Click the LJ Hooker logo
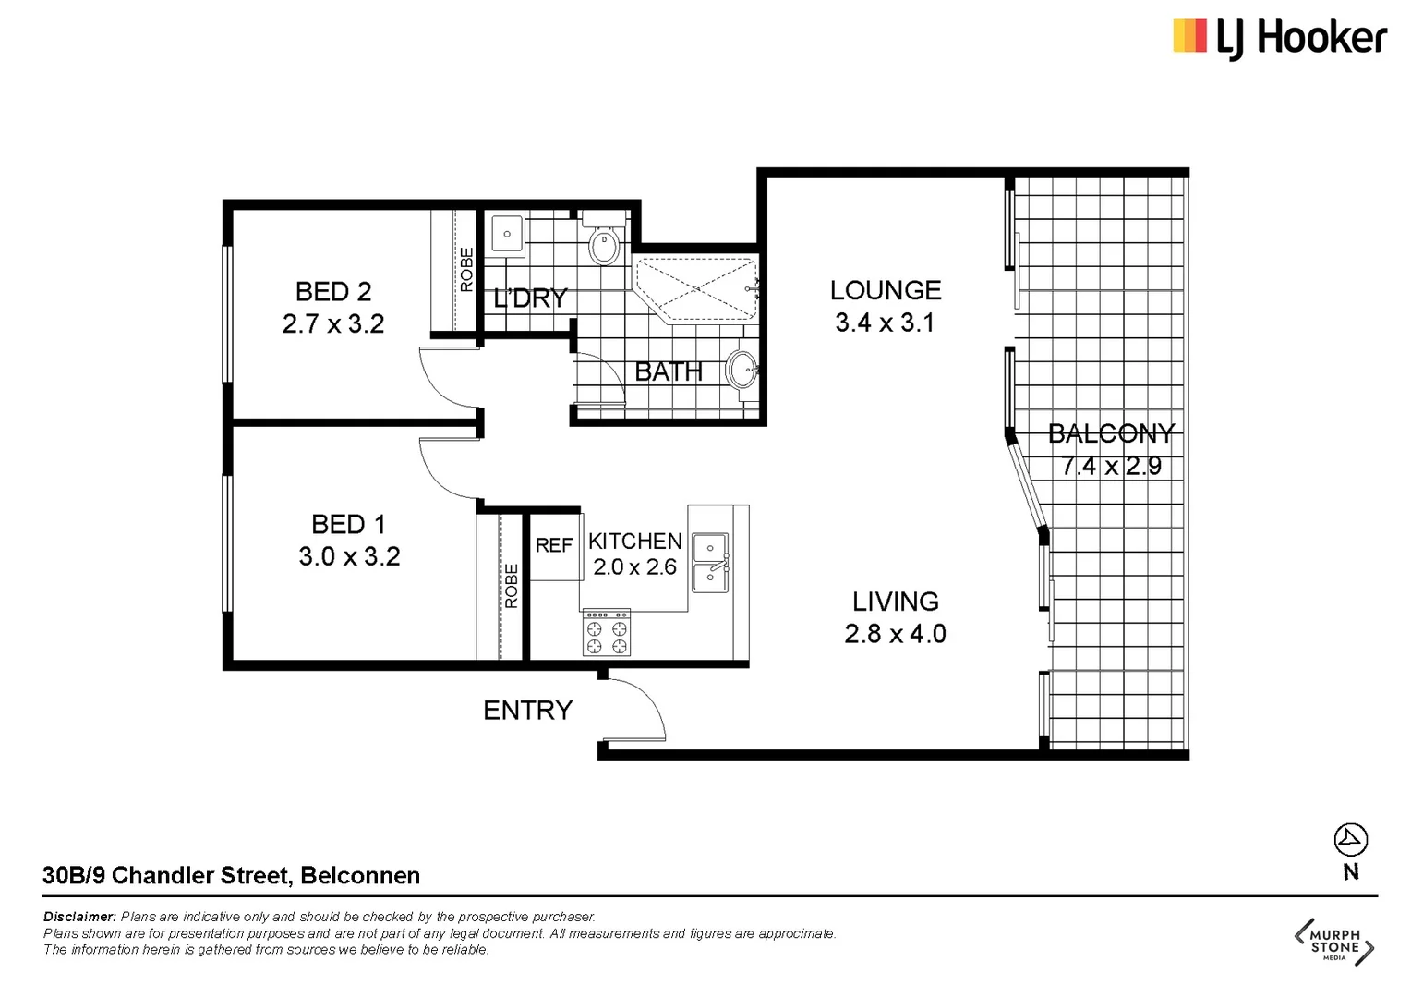1280,38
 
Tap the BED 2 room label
333,292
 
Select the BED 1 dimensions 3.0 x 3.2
349,556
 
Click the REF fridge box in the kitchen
554,546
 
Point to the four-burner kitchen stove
607,633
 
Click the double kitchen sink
710,562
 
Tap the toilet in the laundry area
604,243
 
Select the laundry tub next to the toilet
507,234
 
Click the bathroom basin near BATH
742,371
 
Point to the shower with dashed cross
696,287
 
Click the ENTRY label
528,711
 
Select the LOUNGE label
886,290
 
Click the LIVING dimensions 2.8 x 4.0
895,634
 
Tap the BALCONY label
1111,433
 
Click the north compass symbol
1350,840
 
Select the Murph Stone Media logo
1334,942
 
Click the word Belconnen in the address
360,875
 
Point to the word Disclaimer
79,917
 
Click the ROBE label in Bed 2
466,270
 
